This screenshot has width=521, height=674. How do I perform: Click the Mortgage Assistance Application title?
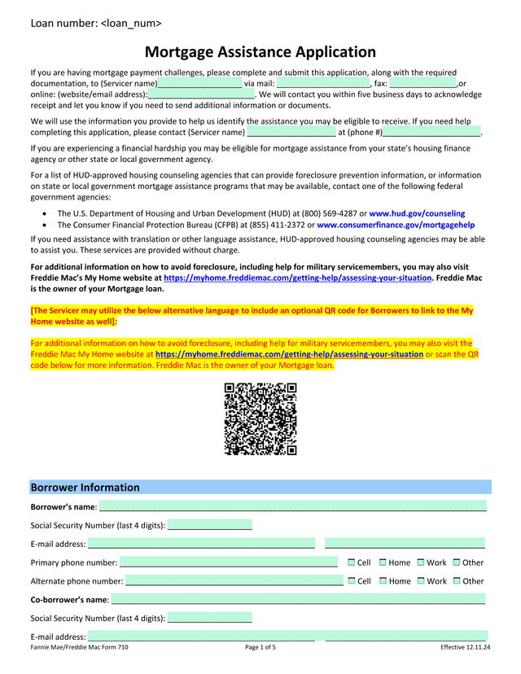[x=260, y=52]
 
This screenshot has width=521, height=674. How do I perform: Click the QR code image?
[x=260, y=418]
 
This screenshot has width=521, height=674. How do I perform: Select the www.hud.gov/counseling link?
[x=417, y=213]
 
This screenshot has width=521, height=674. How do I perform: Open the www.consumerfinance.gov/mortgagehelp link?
[x=396, y=225]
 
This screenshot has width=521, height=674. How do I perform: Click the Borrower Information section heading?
[x=85, y=488]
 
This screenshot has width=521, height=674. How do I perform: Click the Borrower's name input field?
[x=293, y=507]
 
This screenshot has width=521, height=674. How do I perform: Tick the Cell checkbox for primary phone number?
[x=352, y=562]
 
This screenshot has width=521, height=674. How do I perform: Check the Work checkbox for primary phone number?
[x=421, y=562]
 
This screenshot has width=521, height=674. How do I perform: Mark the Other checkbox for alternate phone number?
[x=457, y=581]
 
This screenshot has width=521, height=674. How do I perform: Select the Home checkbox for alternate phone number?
[x=383, y=581]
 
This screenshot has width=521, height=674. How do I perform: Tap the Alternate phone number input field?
[x=234, y=581]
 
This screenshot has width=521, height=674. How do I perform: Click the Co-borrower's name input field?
[x=298, y=600]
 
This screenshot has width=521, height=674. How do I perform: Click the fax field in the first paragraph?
[x=422, y=83]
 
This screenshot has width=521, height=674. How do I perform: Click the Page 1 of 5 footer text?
[x=260, y=647]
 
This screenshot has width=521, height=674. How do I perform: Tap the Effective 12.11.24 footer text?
[x=465, y=647]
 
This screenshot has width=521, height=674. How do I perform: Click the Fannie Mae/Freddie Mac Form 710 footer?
[x=79, y=647]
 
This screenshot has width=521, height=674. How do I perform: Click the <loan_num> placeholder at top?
[x=131, y=23]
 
